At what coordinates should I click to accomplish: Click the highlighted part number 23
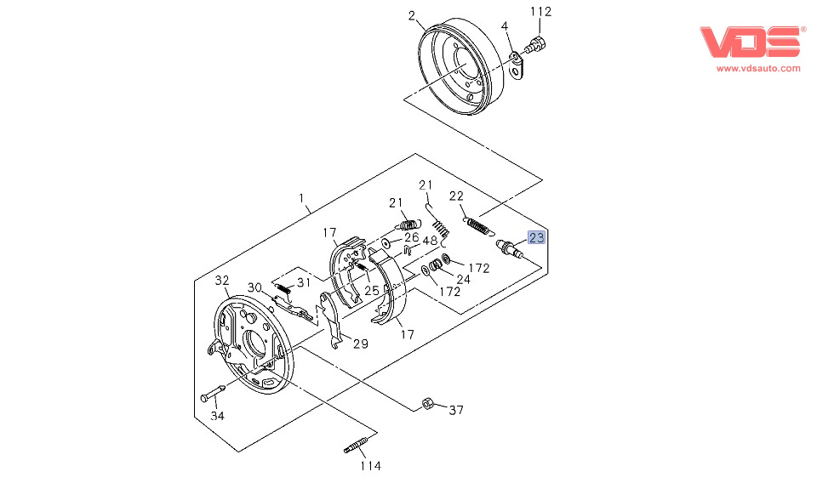pos(537,238)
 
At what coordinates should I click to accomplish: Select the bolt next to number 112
pos(537,43)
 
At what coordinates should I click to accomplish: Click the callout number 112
pos(541,12)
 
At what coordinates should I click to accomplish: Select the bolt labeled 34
pos(212,395)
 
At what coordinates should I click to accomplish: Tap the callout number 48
pos(430,241)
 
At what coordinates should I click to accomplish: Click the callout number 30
pos(255,287)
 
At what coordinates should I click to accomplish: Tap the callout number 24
pos(463,278)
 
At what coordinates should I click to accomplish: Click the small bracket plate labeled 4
pos(518,65)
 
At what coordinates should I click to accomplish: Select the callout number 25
pos(371,291)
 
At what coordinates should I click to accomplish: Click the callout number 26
pos(412,237)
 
